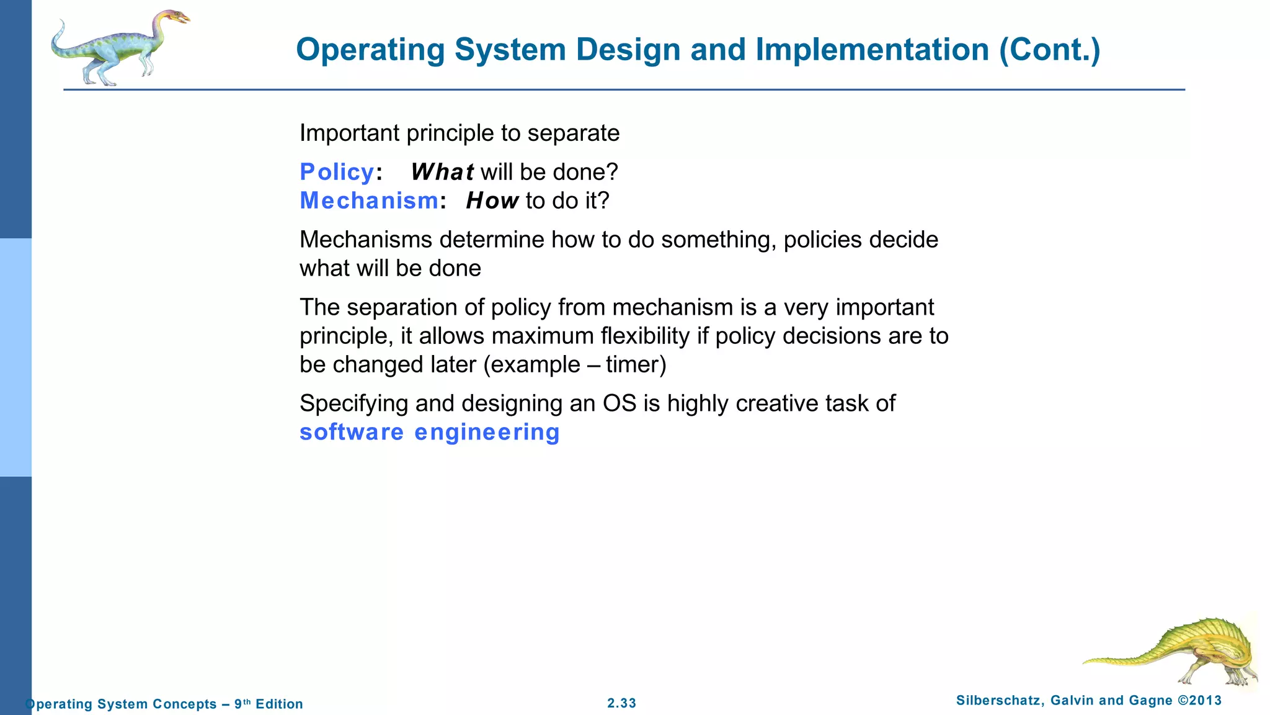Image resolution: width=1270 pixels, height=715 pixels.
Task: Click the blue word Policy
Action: (337, 172)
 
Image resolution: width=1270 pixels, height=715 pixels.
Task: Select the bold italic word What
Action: (442, 172)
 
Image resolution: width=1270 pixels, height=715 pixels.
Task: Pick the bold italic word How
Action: (492, 200)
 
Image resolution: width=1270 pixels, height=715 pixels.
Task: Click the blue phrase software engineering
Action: (429, 432)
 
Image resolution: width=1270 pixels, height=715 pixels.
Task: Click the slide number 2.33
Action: (621, 703)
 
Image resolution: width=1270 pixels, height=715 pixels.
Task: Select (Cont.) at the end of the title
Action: (1049, 50)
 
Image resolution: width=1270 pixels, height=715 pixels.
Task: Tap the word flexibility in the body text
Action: (645, 336)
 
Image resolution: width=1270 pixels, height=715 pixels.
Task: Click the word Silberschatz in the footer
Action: (1000, 701)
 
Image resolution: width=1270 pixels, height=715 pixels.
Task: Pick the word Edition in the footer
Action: (279, 704)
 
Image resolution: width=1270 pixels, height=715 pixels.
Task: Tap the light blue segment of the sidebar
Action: (16, 357)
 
